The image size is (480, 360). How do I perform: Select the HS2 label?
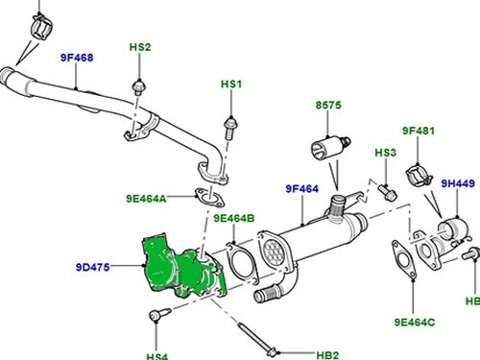point(140,46)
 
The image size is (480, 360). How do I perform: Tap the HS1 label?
point(231,84)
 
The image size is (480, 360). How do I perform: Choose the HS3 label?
point(385,153)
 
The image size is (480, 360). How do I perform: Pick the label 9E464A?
point(146,199)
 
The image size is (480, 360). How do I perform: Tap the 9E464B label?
point(233,219)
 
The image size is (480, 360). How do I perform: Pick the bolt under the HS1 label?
point(230,124)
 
